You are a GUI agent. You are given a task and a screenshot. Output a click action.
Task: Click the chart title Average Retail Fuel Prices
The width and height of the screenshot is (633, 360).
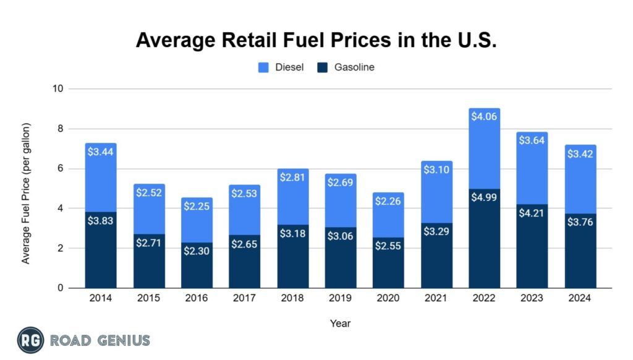coord(316,40)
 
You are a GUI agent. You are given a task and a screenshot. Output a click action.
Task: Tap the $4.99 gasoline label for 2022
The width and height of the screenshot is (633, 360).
coord(484,198)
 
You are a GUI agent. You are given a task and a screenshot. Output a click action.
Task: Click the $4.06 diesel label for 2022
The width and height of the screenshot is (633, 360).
coord(484,117)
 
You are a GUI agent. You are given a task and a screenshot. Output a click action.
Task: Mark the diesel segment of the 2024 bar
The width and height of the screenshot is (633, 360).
coord(580,179)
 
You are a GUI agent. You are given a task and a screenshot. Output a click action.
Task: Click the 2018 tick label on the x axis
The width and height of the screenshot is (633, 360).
coord(292,298)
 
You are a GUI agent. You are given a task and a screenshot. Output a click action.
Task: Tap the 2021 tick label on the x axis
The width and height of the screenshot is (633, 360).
coord(436,298)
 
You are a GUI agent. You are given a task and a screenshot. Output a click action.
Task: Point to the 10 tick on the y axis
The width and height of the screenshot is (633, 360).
coord(59,89)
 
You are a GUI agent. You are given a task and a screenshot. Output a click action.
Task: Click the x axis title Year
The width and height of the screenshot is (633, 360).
coord(340,322)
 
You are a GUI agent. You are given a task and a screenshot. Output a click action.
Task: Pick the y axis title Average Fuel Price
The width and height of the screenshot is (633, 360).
coord(26,189)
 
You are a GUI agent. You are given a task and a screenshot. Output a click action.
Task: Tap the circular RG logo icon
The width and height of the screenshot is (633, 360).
coord(30,340)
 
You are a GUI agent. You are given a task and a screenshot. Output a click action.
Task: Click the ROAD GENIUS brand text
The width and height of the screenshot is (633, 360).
coord(100,340)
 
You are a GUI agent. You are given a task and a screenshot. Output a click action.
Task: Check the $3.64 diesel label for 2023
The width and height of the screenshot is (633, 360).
coord(532,141)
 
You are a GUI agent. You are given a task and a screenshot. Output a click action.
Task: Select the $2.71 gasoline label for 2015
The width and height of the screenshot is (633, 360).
coord(149,243)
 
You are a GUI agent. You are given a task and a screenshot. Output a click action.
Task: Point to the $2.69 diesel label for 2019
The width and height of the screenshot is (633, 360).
coord(340,183)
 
